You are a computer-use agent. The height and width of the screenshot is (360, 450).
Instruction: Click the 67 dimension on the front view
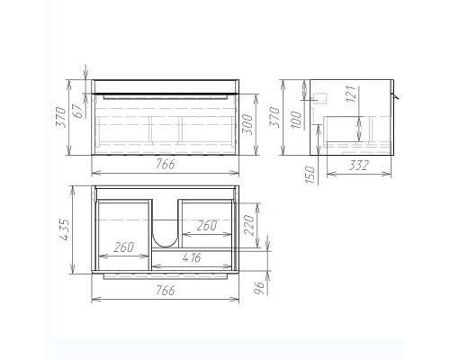77,111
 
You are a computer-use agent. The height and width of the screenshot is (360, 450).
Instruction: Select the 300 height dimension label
247,124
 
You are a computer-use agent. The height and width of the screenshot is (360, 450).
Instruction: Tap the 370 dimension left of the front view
61,117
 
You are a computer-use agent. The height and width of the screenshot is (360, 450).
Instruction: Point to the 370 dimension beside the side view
275,117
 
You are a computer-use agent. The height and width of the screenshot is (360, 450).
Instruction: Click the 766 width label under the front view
166,165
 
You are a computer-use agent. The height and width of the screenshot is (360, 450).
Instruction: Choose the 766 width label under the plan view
166,291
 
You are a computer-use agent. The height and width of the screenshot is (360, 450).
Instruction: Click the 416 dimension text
192,257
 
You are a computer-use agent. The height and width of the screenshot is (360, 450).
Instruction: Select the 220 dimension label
249,225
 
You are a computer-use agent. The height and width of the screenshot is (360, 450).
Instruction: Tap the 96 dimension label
260,288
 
